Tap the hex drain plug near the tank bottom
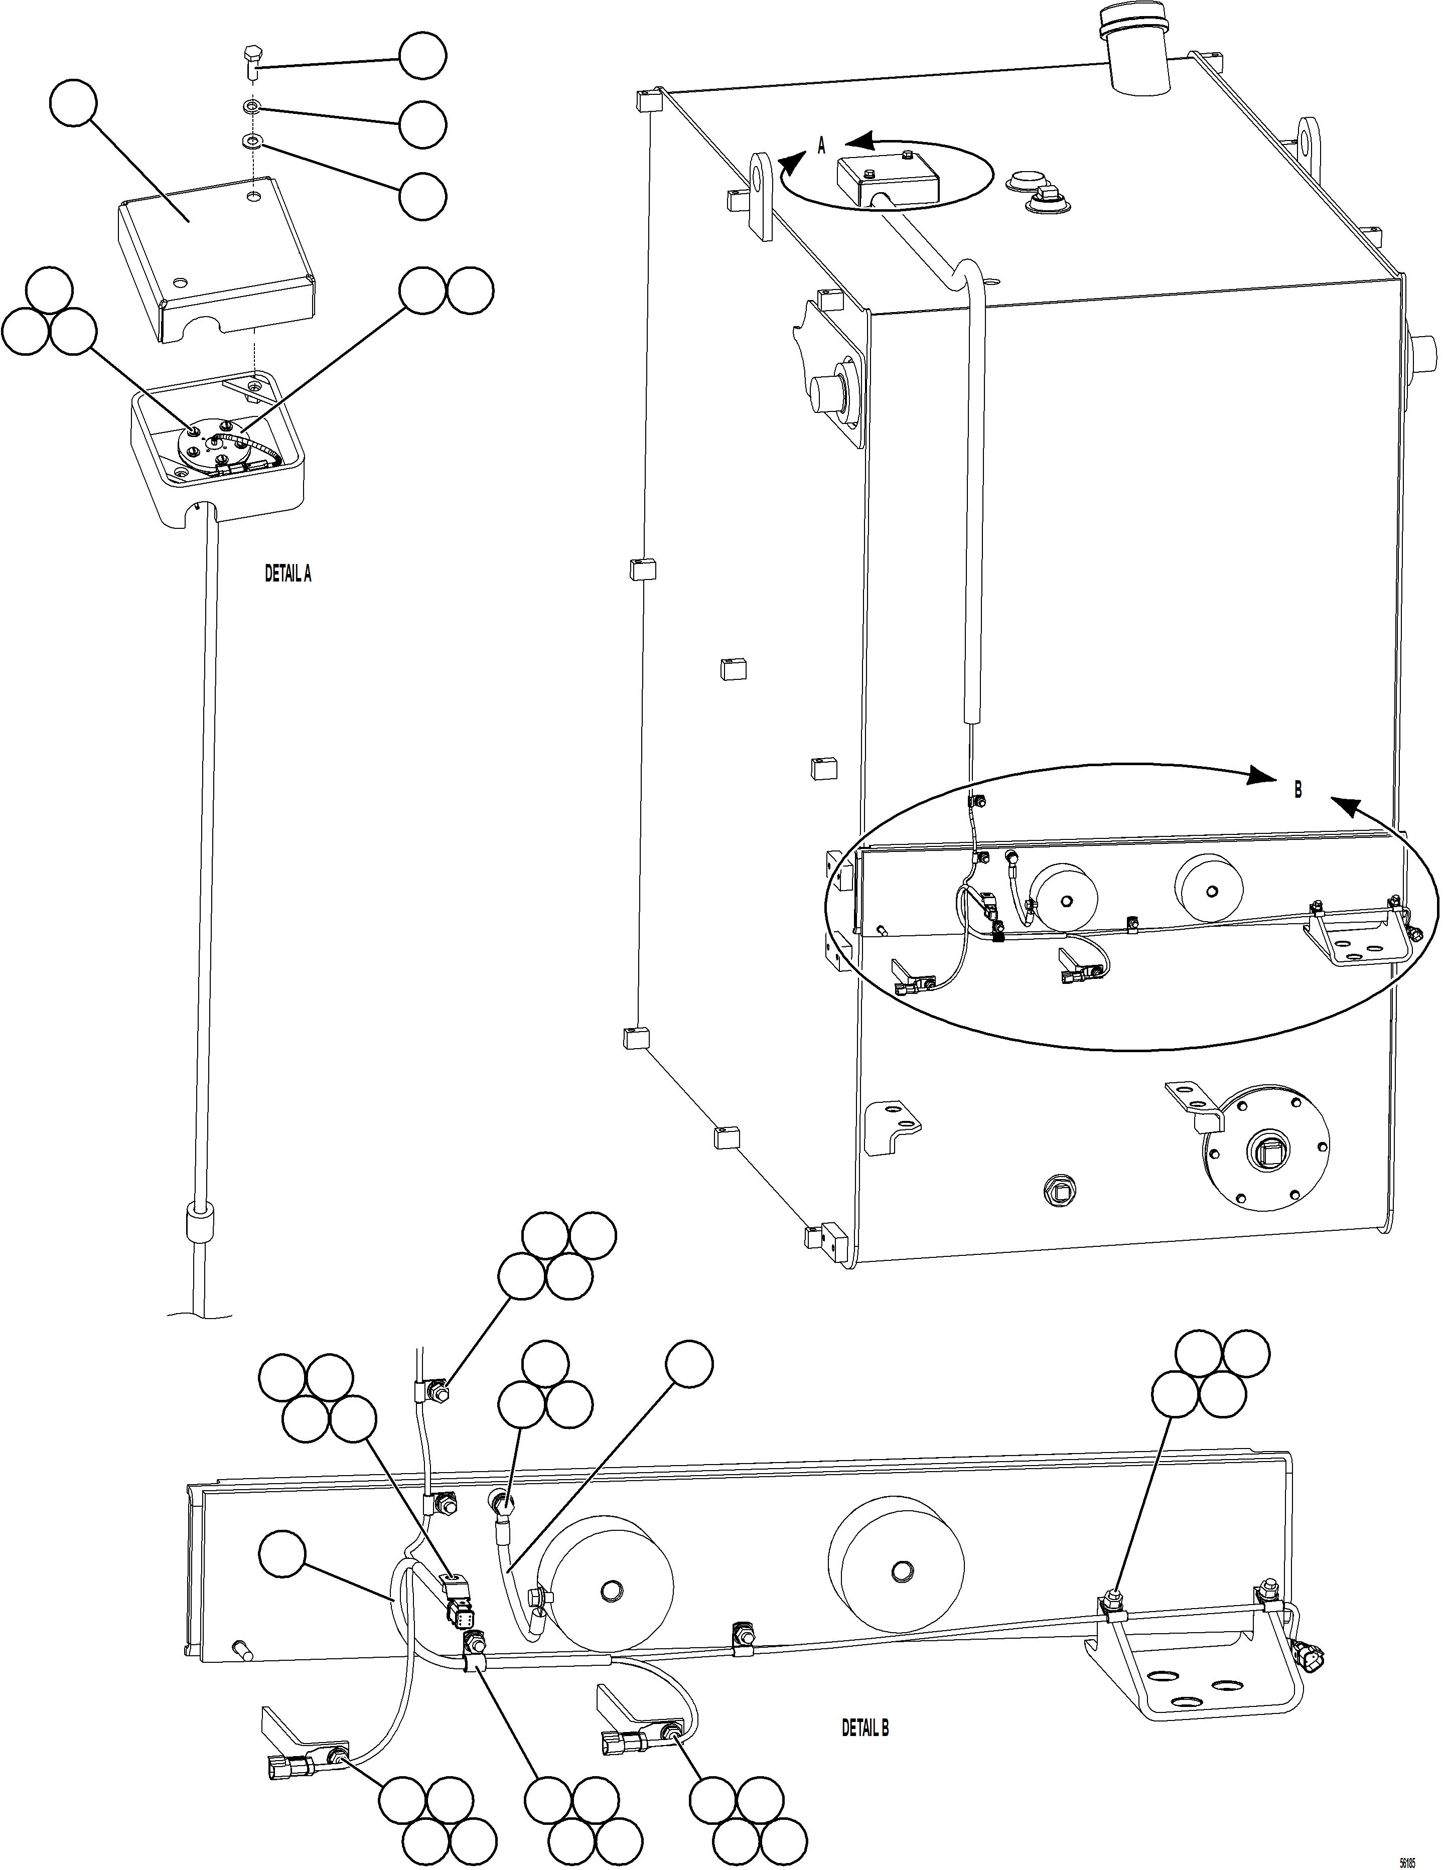click(1059, 1189)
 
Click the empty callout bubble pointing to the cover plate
click(73, 103)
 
